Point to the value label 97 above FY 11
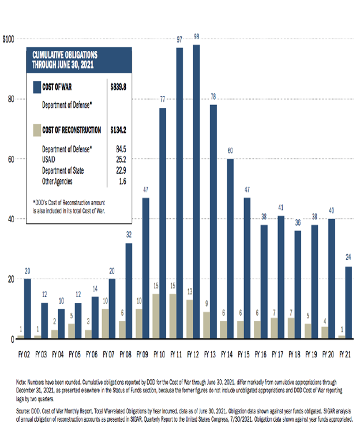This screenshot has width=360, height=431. pos(179,39)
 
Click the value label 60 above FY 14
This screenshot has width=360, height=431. pos(230,151)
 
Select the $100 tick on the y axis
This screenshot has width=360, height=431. pos(8,39)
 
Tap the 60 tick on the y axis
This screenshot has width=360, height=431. pos(10,159)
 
